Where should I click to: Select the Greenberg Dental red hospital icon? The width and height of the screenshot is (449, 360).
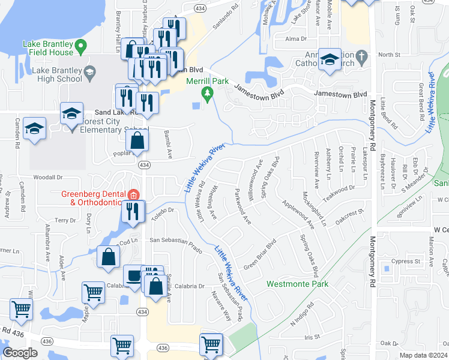pos(133,194)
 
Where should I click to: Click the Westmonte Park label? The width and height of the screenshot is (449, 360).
pos(297,284)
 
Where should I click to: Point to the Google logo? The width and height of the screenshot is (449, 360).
pos(20,353)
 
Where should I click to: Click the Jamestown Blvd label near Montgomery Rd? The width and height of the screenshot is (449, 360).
pos(340,95)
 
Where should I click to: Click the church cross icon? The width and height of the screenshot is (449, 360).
pos(361,57)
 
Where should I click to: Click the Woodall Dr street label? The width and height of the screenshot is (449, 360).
pos(48,178)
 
